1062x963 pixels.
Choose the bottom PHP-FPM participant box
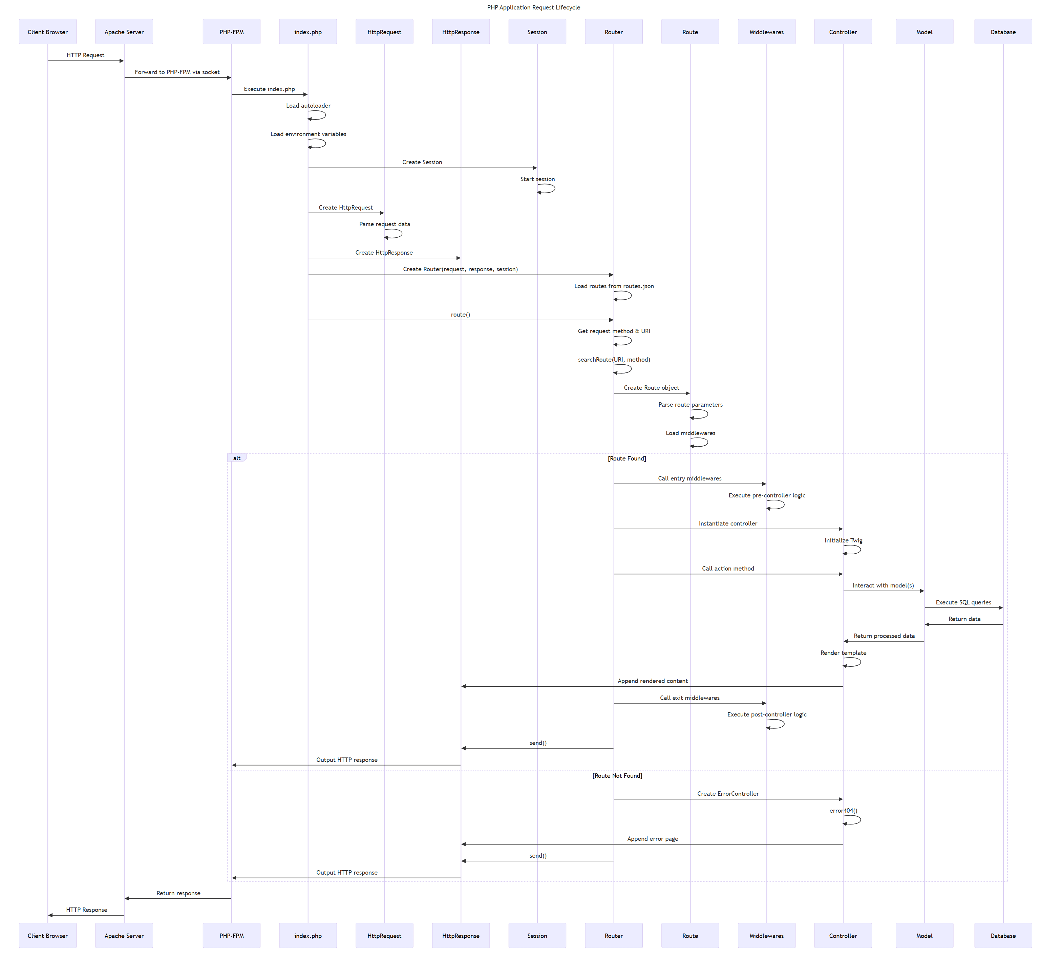[231, 936]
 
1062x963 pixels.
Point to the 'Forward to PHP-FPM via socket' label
[177, 72]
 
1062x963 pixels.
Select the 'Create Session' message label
[422, 162]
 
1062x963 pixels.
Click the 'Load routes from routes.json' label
[614, 286]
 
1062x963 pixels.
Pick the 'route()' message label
[461, 315]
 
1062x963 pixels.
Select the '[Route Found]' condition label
[626, 458]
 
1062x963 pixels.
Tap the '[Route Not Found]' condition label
[617, 775]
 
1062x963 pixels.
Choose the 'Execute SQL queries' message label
[963, 602]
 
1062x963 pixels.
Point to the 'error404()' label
[843, 811]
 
